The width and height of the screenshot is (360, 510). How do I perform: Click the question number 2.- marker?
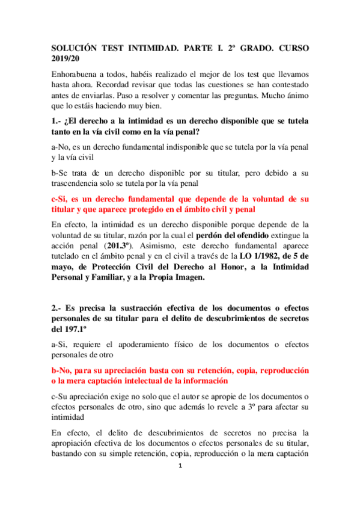(x=58, y=308)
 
